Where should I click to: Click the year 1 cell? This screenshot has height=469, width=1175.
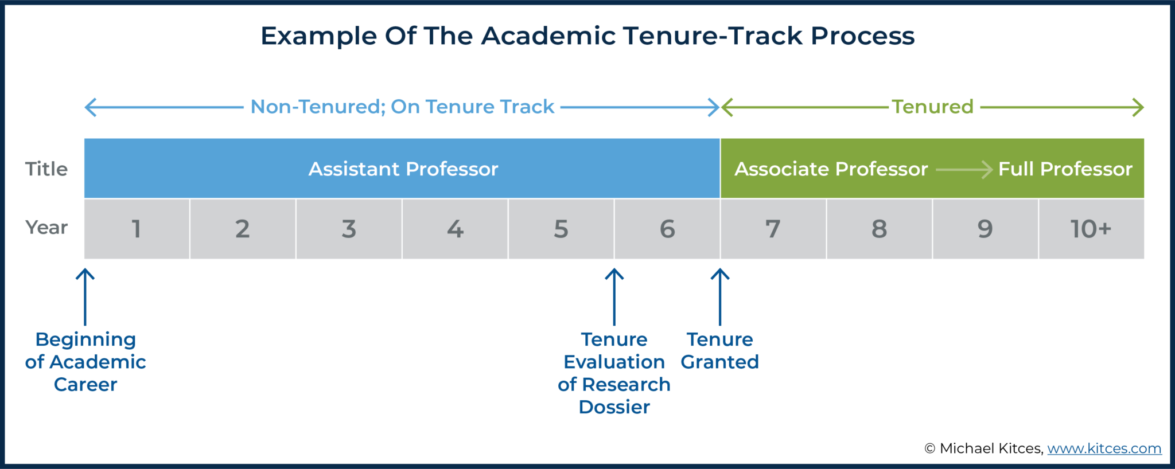(137, 229)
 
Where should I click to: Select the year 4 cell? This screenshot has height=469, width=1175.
(455, 229)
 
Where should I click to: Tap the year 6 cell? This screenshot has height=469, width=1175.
(667, 229)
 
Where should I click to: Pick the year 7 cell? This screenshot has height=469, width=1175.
(773, 229)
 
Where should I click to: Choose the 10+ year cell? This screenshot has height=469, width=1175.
(1091, 229)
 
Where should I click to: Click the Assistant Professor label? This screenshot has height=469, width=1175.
(403, 169)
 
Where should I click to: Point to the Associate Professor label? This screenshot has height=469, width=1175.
(831, 169)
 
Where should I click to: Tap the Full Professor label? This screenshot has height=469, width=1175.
(1065, 169)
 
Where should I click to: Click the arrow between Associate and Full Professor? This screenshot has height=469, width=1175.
(964, 170)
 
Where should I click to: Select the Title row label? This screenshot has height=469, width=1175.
(46, 169)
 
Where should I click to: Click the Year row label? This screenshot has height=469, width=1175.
(46, 228)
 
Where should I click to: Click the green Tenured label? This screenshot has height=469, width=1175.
(932, 107)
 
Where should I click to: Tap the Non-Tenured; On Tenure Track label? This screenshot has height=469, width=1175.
(402, 107)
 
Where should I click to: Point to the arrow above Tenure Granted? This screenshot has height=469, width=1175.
(720, 296)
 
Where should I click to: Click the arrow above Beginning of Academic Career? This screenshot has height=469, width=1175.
(85, 296)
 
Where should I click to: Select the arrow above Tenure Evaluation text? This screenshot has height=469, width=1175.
(614, 296)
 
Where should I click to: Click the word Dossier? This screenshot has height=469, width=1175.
(614, 407)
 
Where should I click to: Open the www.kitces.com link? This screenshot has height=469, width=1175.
(1104, 448)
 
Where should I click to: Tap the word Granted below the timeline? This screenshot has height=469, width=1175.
(719, 362)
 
